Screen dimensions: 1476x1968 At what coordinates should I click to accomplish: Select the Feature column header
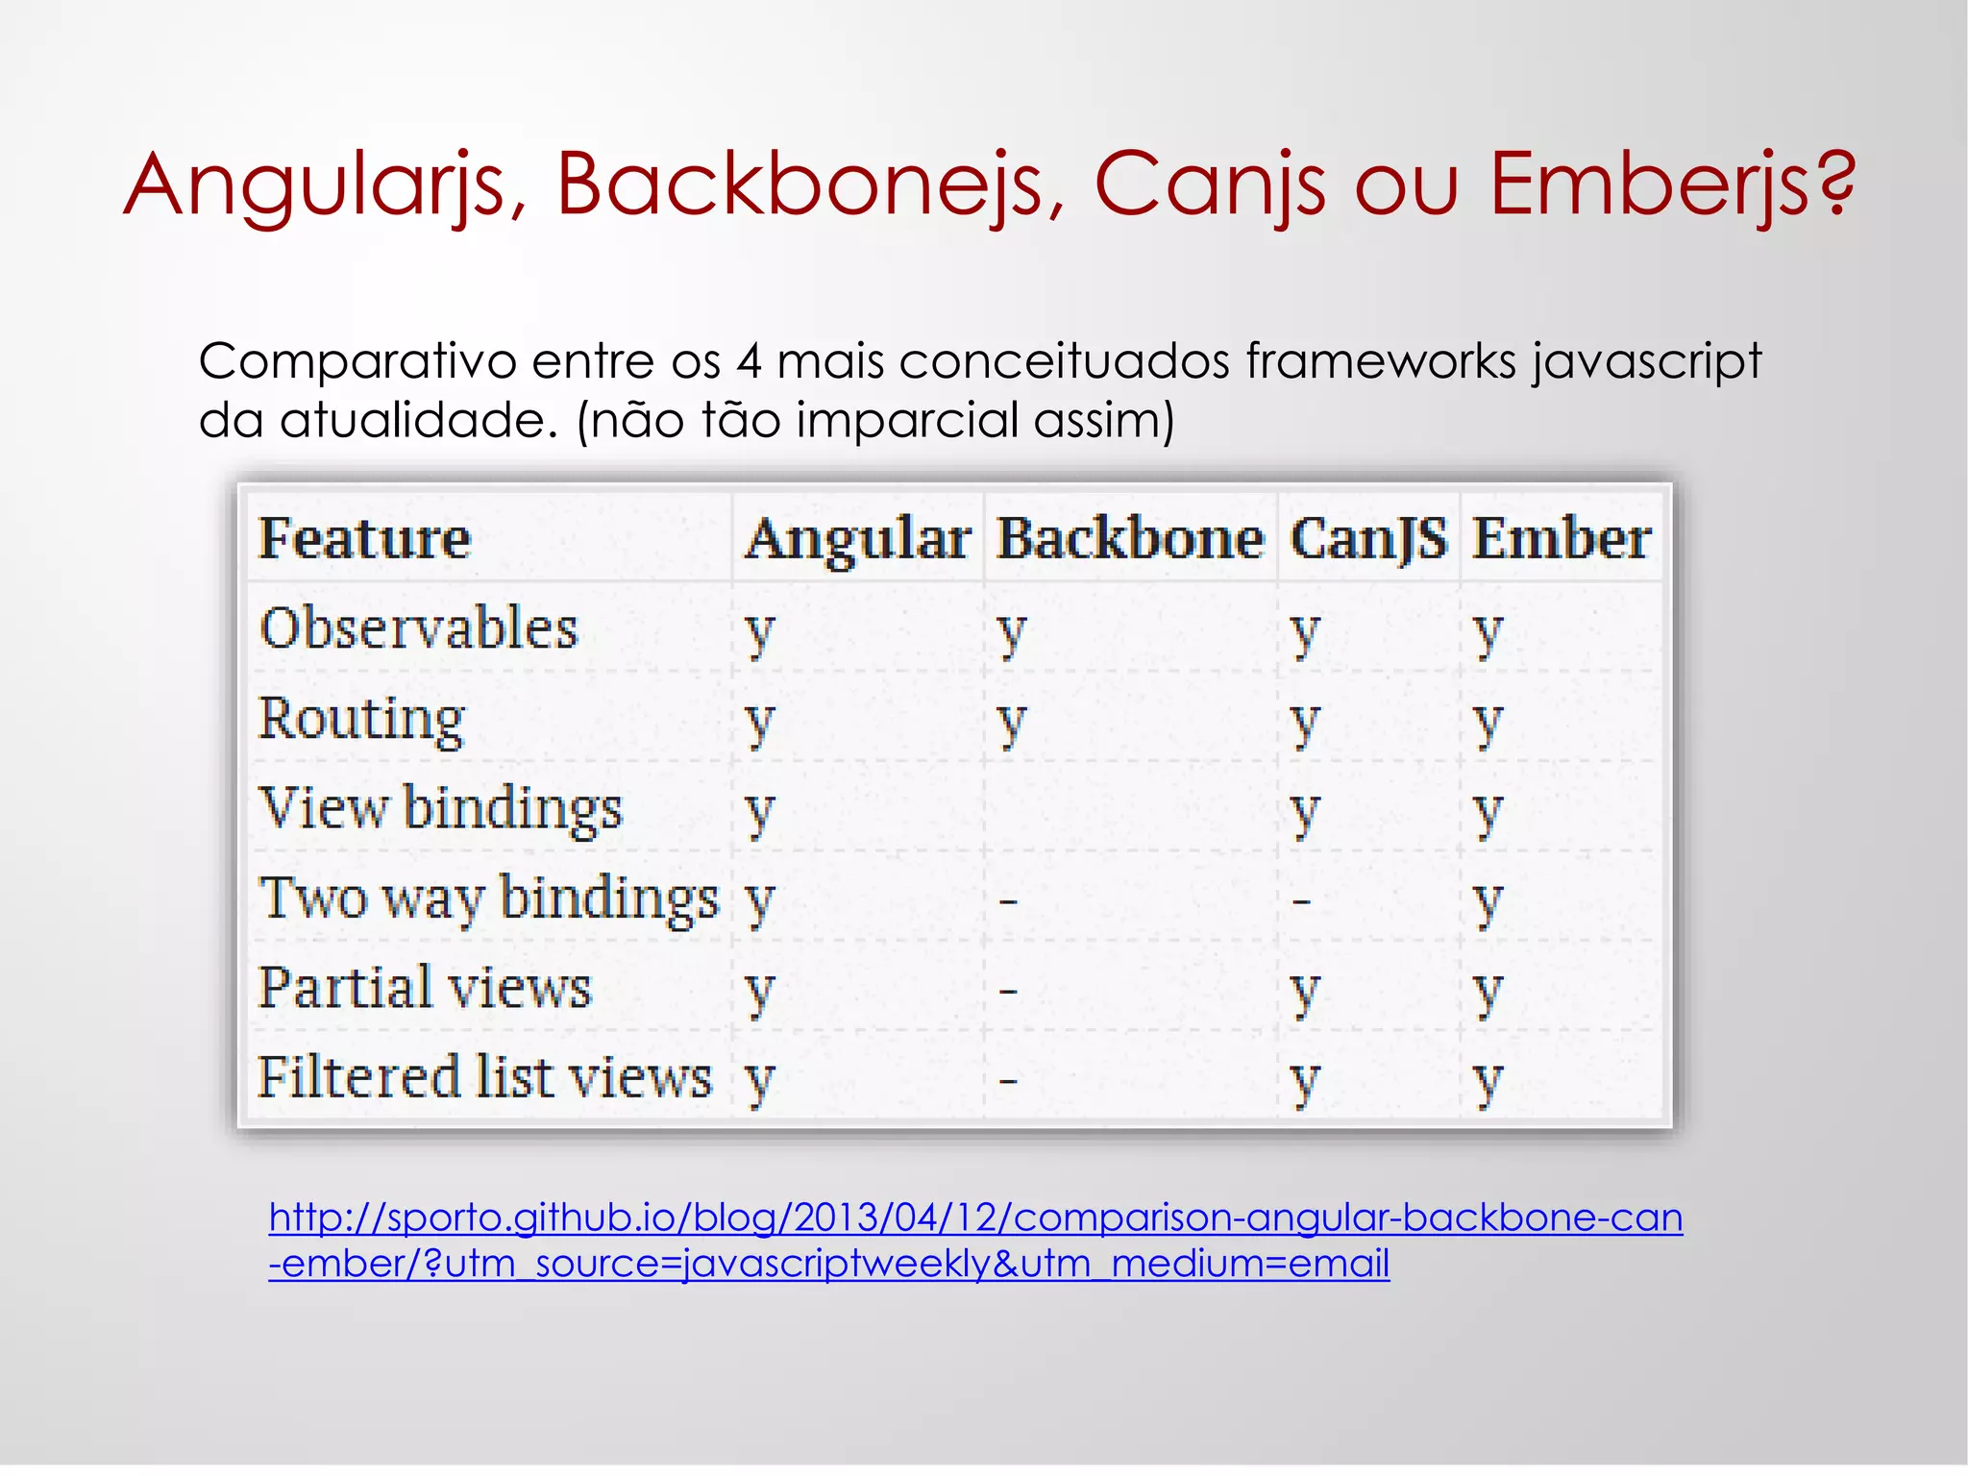[x=365, y=538]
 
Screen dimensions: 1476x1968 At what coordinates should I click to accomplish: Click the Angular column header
[x=858, y=538]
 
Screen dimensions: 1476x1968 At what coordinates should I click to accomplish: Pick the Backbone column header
[x=1130, y=538]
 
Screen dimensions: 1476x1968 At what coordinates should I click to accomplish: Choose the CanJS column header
[x=1368, y=538]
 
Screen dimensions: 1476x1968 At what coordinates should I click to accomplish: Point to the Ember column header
[x=1562, y=538]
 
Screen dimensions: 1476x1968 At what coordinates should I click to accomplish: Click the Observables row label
[x=419, y=628]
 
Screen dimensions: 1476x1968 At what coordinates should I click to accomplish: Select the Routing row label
[x=362, y=719]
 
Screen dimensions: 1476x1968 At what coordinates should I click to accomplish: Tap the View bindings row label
[x=441, y=808]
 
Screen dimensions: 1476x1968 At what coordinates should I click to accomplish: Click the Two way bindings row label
[x=489, y=898]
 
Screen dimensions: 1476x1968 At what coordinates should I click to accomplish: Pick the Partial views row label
[x=425, y=988]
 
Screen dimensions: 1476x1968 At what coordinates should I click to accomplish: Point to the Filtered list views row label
[x=485, y=1077]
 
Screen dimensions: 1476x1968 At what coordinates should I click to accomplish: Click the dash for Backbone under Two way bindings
[x=1008, y=901]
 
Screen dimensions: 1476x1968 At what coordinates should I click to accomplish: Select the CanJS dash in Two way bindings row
[x=1301, y=901]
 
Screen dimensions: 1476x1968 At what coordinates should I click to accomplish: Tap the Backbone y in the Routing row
[x=1011, y=723]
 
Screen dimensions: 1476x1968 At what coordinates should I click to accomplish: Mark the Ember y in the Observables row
[x=1487, y=633]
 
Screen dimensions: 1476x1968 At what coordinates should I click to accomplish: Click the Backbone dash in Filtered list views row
[x=1008, y=1081]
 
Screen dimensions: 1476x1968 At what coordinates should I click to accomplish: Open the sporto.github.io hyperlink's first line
[x=975, y=1218]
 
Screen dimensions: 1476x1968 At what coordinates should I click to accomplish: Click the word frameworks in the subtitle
[x=1380, y=362]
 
